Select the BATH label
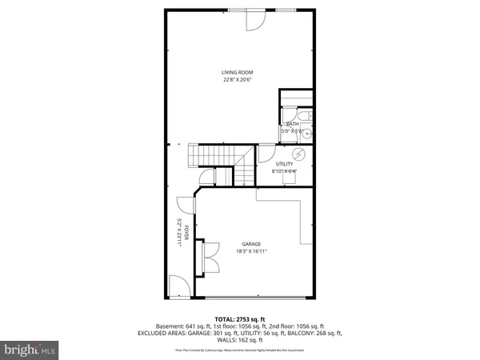pyautogui.click(x=292, y=124)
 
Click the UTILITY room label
pyautogui.click(x=285, y=163)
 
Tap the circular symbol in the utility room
pyautogui.click(x=300, y=154)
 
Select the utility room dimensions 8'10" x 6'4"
pyautogui.click(x=285, y=170)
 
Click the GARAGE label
pyautogui.click(x=252, y=244)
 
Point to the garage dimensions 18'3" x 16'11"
pyautogui.click(x=252, y=251)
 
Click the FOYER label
pyautogui.click(x=186, y=233)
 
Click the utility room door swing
pyautogui.click(x=268, y=156)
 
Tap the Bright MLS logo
pyautogui.click(x=30, y=349)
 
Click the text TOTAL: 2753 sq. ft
pyautogui.click(x=239, y=318)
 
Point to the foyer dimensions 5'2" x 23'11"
pyautogui.click(x=180, y=233)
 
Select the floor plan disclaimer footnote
pyautogui.click(x=239, y=350)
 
